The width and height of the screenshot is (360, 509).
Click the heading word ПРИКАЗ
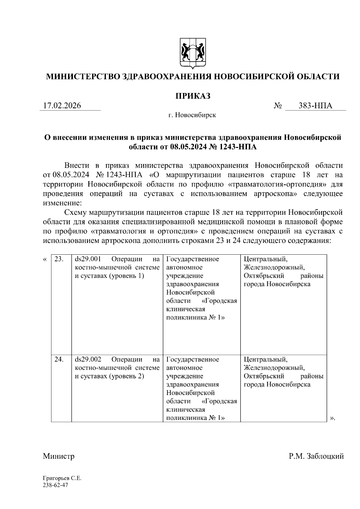coord(193,96)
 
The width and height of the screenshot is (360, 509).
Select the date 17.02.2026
coord(62,106)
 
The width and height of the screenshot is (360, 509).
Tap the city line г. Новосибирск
coord(192,115)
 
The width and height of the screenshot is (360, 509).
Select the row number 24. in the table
coord(59,359)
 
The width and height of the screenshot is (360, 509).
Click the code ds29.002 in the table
coord(88,359)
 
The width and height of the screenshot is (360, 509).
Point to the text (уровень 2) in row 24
coord(127,376)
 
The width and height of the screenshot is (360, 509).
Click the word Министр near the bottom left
coord(58,457)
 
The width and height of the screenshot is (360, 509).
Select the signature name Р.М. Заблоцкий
coord(316,457)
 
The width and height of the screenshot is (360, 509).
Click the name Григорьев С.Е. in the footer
coord(62,478)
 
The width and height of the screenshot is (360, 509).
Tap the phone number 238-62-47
coord(56,485)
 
